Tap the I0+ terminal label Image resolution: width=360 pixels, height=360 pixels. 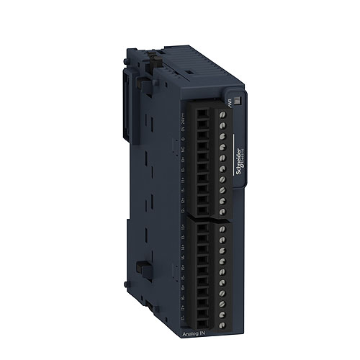(184, 159)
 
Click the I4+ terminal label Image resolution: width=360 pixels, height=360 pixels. (184, 246)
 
